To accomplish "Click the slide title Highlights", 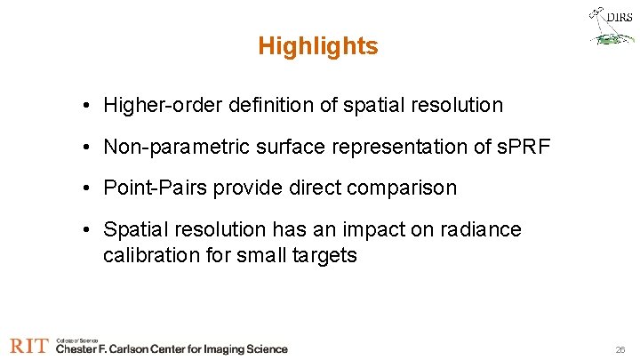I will tap(317, 46).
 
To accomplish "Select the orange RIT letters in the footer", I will tap(29, 347).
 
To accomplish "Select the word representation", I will tap(391, 147).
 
